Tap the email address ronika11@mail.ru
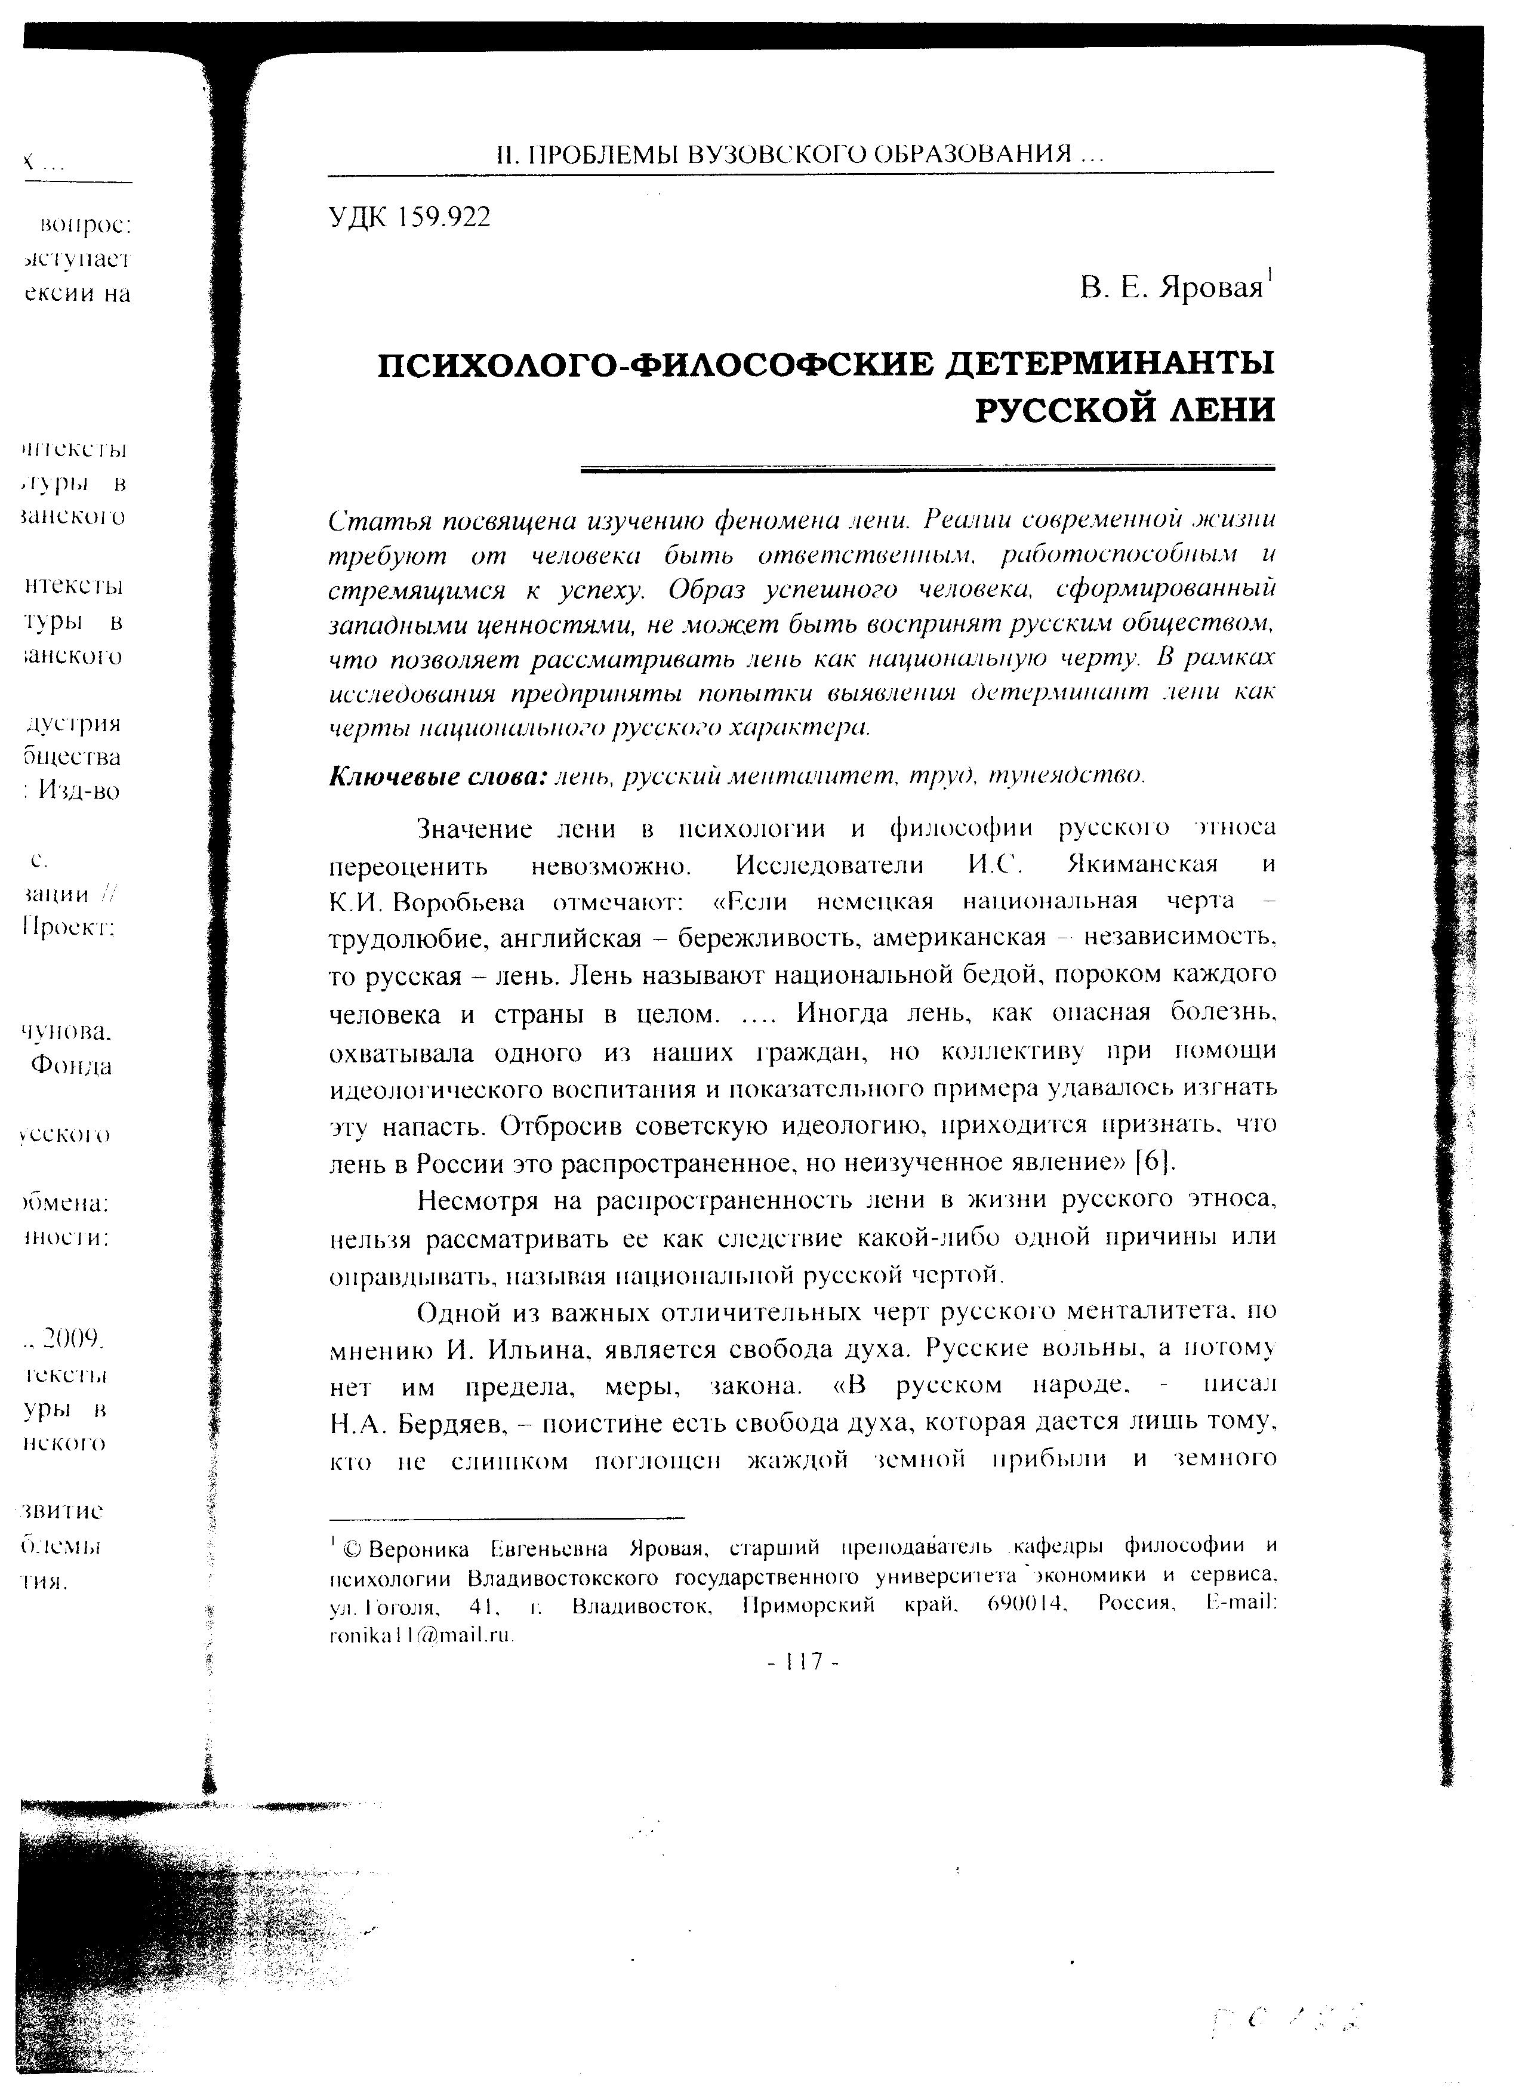pyautogui.click(x=421, y=1635)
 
